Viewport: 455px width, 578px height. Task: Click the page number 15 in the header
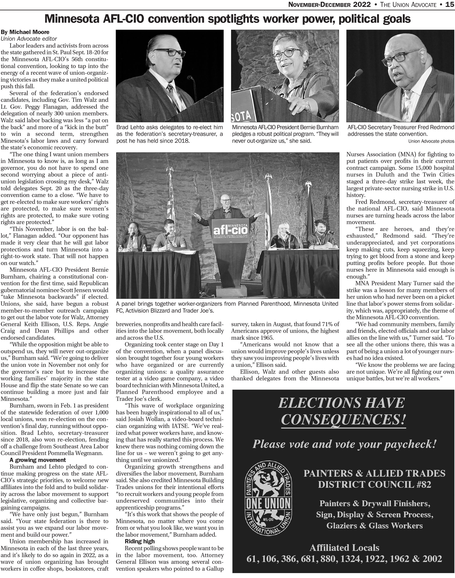450,4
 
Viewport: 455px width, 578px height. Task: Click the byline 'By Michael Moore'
25,32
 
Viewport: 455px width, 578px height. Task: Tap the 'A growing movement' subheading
38,460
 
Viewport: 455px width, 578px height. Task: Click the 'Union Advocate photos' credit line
431,141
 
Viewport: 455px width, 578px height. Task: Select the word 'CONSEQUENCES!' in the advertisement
343,419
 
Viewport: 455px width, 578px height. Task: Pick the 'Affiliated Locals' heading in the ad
344,548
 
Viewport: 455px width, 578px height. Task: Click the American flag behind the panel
170,197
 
